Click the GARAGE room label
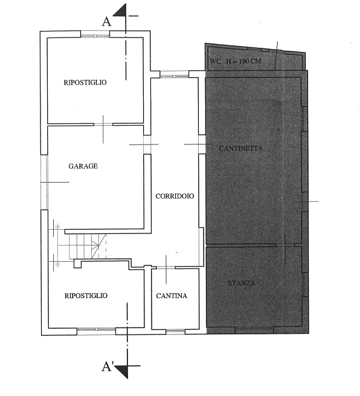click(83, 166)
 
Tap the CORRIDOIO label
click(175, 196)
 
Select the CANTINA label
click(172, 296)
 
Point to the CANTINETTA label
click(240, 148)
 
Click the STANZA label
click(242, 283)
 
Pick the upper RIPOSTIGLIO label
click(85, 82)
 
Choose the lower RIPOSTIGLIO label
click(86, 296)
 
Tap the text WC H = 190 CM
click(236, 61)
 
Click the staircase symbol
click(88, 246)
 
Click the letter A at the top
click(106, 22)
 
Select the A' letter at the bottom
click(108, 367)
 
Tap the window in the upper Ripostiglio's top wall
click(95, 34)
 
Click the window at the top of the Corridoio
click(175, 74)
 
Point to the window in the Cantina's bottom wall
click(176, 331)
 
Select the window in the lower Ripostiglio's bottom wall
click(97, 331)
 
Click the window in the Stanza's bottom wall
click(254, 330)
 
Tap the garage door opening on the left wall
click(45, 182)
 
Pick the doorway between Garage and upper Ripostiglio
click(103, 124)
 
